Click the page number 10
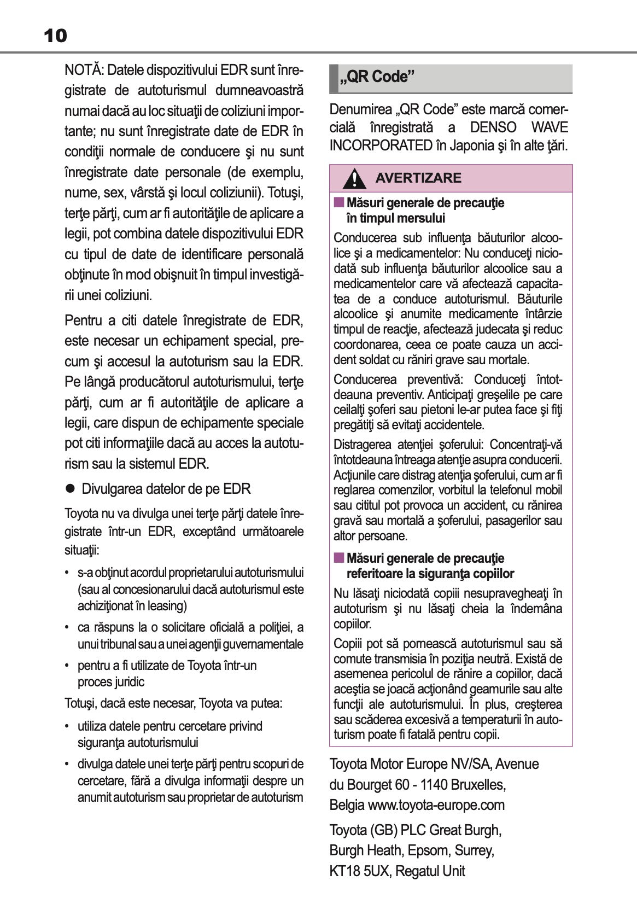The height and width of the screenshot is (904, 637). coord(55,36)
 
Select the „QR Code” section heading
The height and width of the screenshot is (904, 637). coord(377,77)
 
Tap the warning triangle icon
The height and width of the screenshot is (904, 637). coord(355,179)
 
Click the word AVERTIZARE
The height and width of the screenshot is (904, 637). coord(418,178)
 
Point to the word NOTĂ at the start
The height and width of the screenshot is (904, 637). coord(84,70)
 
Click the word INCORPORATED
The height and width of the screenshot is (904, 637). coord(381,146)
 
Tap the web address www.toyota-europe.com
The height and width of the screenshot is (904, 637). coord(436,805)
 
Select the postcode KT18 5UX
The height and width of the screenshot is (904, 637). coord(359,871)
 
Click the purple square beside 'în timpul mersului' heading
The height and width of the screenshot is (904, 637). coord(339,203)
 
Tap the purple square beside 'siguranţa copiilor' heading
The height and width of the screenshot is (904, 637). coord(339,558)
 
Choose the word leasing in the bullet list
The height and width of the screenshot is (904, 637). coord(166,606)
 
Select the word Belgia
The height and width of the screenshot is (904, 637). coord(347,805)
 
